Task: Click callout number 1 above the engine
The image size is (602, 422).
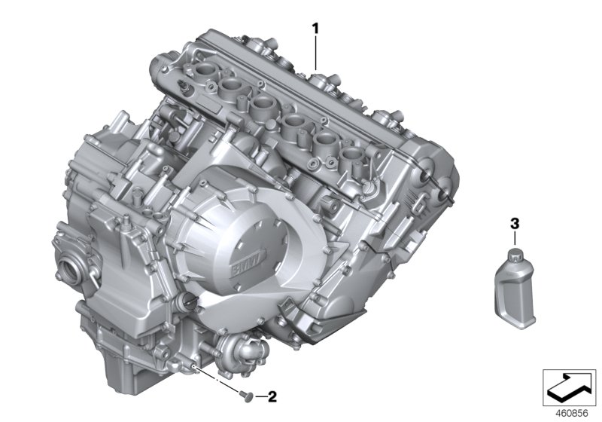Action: click(316, 28)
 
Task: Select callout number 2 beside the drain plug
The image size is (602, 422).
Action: click(272, 395)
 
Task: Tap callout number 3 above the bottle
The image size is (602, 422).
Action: click(515, 224)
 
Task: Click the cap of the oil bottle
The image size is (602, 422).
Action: click(514, 254)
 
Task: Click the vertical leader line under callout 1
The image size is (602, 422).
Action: click(316, 53)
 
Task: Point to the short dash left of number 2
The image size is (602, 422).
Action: click(260, 395)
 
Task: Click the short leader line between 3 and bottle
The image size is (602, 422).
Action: click(515, 237)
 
